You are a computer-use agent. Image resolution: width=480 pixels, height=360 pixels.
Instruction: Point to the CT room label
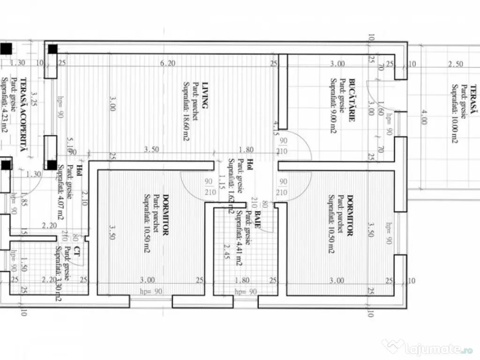click(x=75, y=254)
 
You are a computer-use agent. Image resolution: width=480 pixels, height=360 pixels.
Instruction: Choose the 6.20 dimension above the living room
click(x=167, y=64)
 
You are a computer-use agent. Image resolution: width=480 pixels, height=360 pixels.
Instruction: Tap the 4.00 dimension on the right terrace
click(x=424, y=117)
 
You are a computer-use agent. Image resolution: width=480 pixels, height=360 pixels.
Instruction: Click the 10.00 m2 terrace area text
click(x=454, y=114)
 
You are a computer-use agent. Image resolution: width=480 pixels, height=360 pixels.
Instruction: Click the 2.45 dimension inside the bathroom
click(x=226, y=252)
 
